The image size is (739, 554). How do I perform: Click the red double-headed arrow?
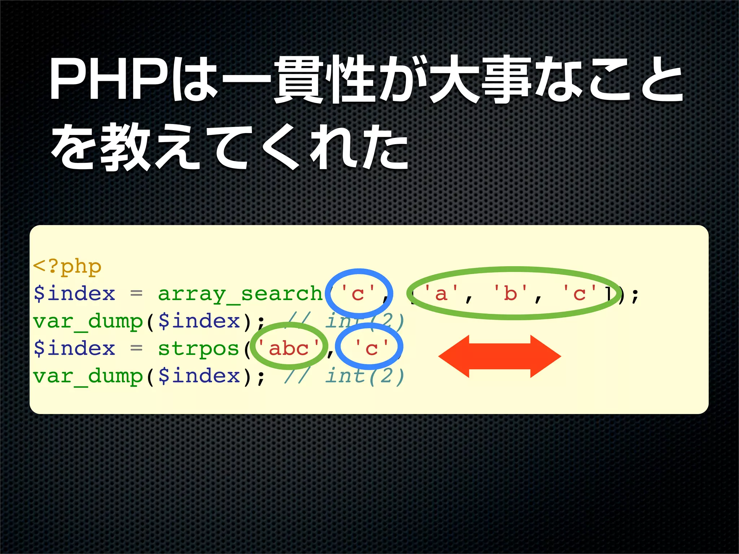pyautogui.click(x=499, y=356)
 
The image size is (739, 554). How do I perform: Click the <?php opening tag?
pyautogui.click(x=67, y=267)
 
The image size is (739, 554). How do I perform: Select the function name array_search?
pyautogui.click(x=240, y=294)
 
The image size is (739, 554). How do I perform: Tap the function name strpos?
pyautogui.click(x=198, y=349)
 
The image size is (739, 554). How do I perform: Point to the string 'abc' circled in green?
pyautogui.click(x=289, y=349)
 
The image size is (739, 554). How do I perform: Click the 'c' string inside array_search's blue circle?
pyautogui.click(x=358, y=294)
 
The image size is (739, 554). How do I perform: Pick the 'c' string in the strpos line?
pyautogui.click(x=371, y=349)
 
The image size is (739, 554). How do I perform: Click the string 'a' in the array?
pyautogui.click(x=441, y=294)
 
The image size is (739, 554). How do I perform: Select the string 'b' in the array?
pyautogui.click(x=510, y=294)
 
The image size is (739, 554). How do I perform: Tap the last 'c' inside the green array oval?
pyautogui.click(x=580, y=294)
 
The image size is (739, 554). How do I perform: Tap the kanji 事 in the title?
pyautogui.click(x=507, y=79)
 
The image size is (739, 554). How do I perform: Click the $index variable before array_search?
pyautogui.click(x=74, y=294)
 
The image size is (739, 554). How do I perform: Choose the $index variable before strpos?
pyautogui.click(x=74, y=349)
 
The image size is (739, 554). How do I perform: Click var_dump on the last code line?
pyautogui.click(x=88, y=376)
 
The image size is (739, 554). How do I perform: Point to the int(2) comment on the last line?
pyautogui.click(x=364, y=376)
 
